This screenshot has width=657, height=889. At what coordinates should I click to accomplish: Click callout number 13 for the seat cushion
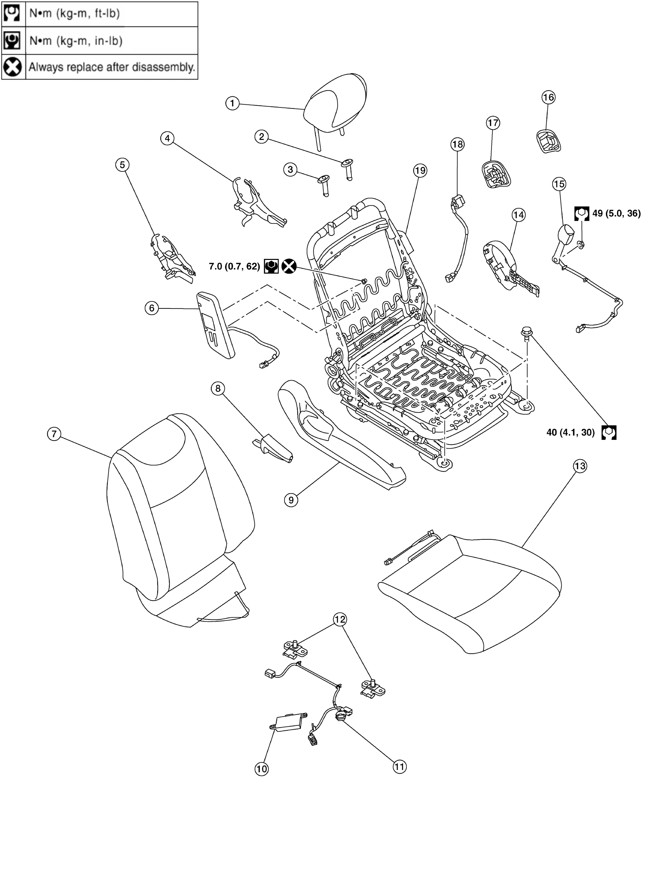[580, 466]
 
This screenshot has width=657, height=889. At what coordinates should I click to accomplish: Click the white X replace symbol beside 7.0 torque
[289, 266]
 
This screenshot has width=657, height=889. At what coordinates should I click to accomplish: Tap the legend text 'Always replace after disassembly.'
[112, 67]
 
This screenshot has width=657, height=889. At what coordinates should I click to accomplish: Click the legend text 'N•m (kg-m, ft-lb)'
[74, 14]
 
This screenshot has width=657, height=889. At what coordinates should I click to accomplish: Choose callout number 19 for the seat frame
[420, 171]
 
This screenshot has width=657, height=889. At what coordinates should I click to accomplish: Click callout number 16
[548, 97]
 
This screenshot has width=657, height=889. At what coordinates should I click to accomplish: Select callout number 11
[400, 766]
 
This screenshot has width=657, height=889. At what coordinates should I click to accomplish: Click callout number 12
[340, 619]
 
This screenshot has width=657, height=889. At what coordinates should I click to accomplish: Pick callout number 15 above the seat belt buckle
[559, 184]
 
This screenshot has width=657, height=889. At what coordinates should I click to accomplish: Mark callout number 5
[122, 164]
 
